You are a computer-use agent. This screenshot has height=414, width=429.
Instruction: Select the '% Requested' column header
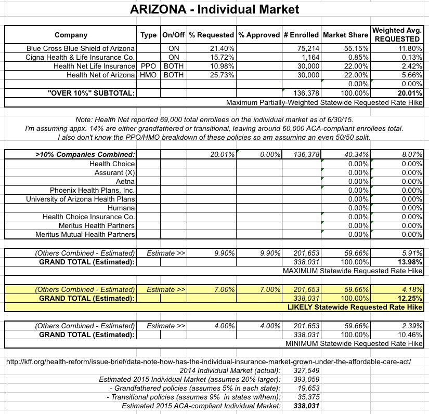click(x=211, y=35)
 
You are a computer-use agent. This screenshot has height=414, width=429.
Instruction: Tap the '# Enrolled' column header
click(x=301, y=35)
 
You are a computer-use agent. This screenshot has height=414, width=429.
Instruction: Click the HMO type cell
click(x=148, y=75)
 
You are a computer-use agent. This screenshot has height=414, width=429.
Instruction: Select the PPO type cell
click(x=148, y=66)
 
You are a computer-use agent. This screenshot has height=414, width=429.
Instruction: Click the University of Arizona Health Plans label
click(x=81, y=199)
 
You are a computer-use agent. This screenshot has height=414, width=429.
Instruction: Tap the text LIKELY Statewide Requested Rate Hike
click(x=355, y=308)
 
